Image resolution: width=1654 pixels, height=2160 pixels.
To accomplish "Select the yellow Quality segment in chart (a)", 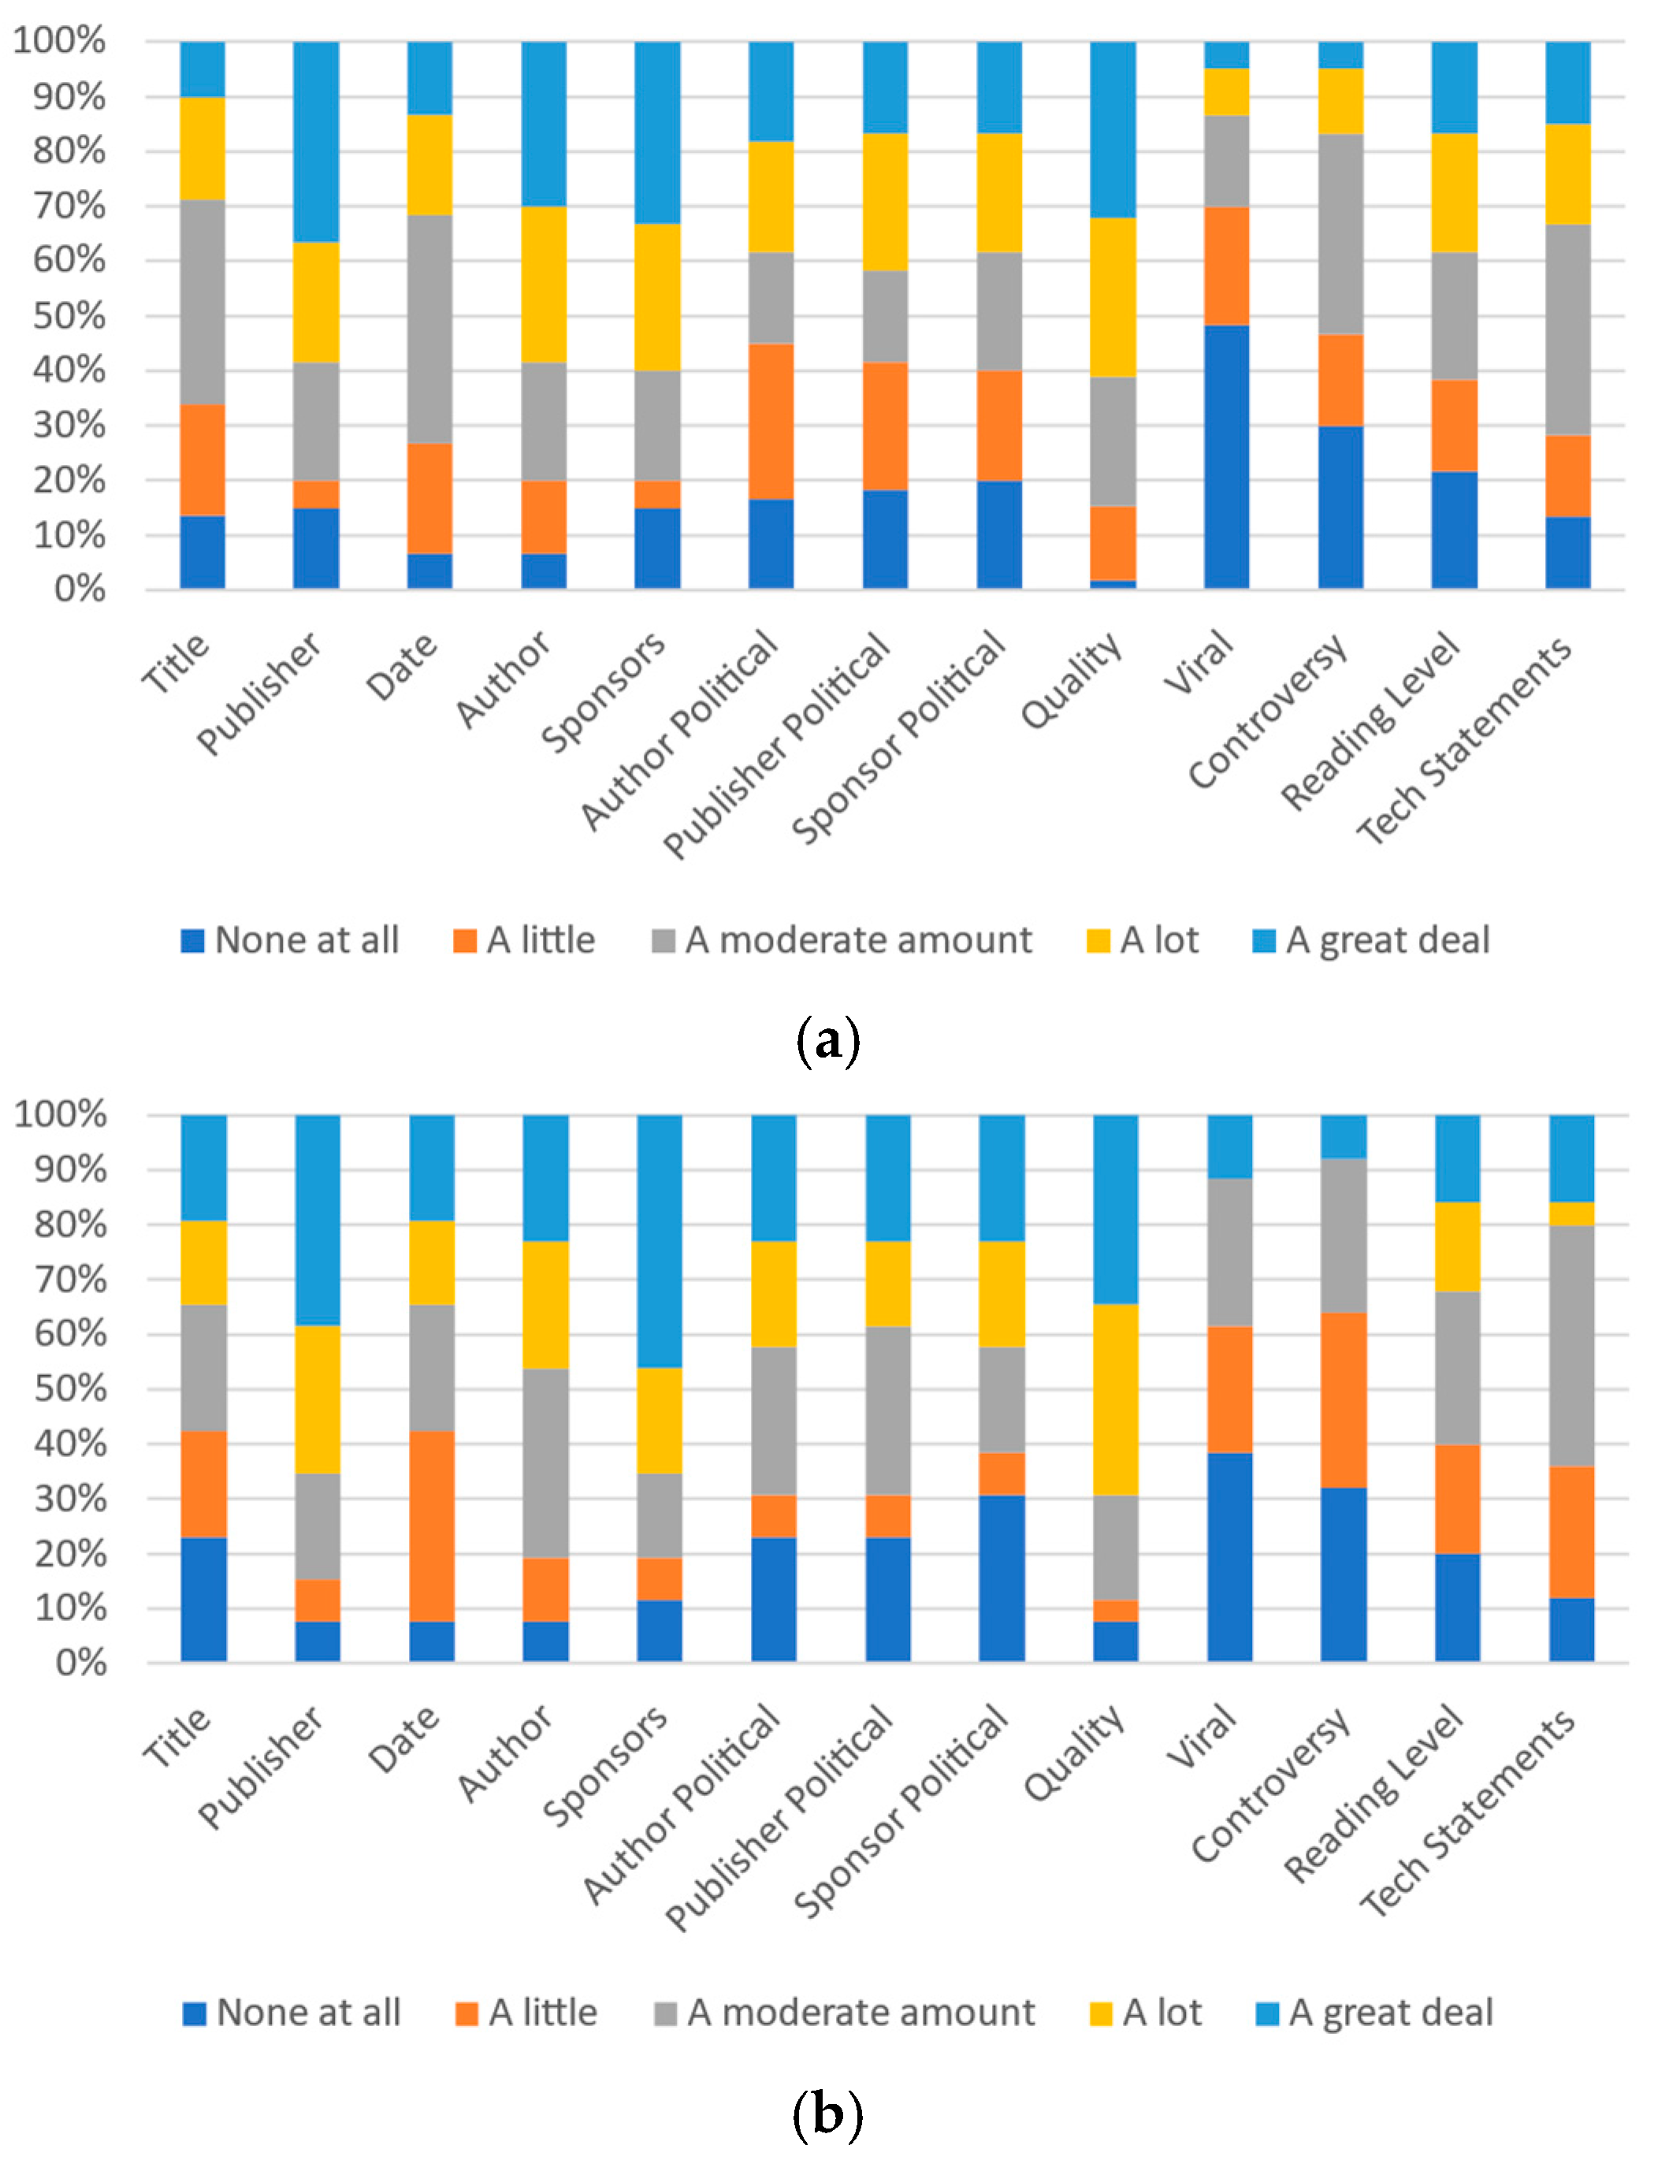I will (1113, 296).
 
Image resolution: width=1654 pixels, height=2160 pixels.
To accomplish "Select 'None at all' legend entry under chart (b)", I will (292, 2013).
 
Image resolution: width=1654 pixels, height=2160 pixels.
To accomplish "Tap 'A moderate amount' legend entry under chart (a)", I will (842, 940).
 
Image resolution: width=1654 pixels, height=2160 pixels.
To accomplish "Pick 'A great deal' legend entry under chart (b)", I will (1374, 2013).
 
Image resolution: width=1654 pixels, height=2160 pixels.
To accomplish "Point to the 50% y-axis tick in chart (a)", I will (69, 316).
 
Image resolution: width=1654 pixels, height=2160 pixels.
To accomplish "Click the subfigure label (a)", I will (827, 1041).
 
